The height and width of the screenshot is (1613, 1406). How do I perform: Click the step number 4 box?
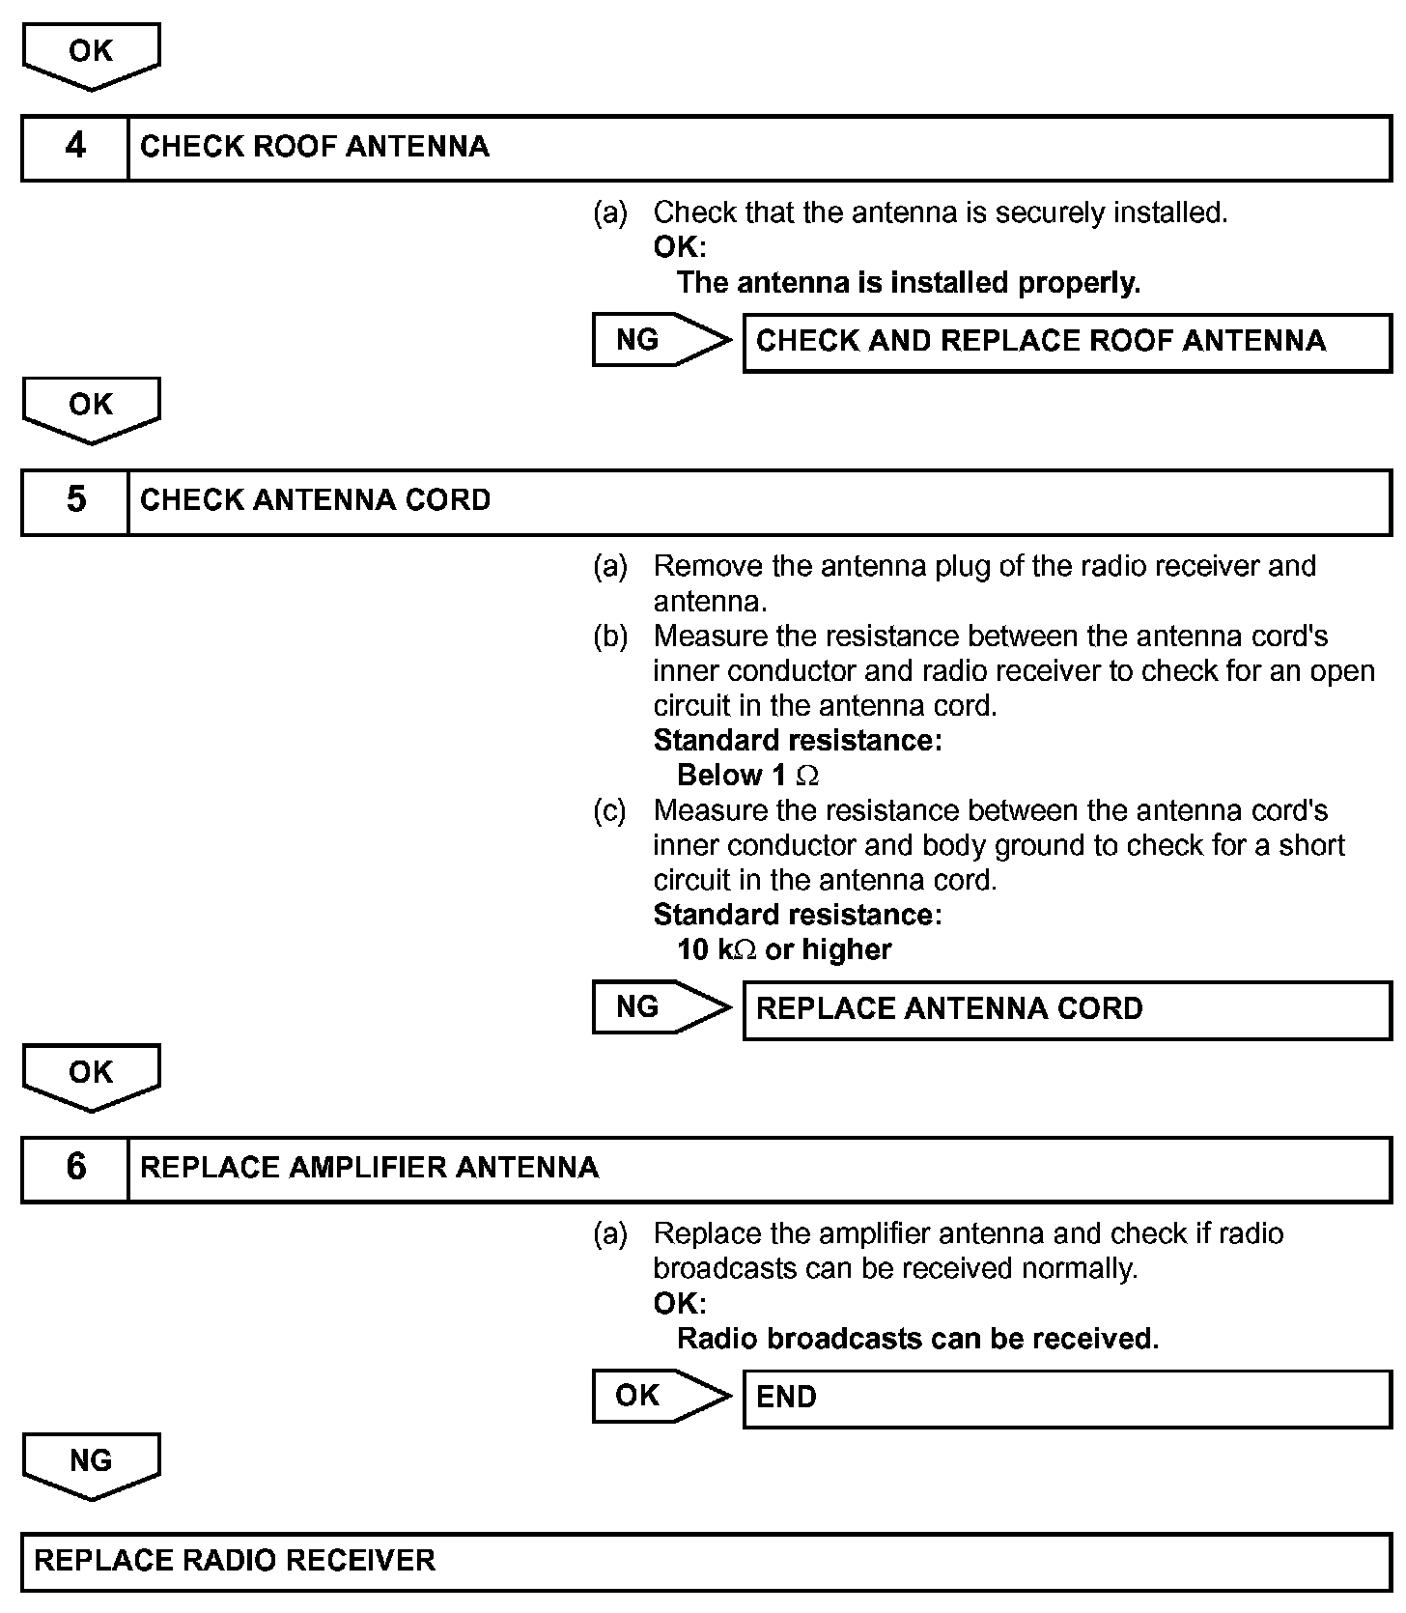coord(75,148)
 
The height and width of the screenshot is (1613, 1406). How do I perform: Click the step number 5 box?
coord(75,501)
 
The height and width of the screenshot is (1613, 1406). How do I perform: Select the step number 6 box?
coord(75,1169)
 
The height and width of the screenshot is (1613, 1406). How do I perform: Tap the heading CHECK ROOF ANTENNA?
coord(315,148)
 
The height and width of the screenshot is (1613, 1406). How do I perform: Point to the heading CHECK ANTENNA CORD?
coord(316,501)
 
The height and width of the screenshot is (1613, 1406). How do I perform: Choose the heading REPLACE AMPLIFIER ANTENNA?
coord(369,1169)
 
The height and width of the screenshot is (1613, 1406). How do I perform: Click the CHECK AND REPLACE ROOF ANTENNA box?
coord(1066,342)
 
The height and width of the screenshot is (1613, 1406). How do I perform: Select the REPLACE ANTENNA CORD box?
coord(1066,1010)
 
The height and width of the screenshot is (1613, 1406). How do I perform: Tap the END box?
coord(1066,1399)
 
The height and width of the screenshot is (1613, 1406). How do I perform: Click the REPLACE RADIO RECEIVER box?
coord(705,1561)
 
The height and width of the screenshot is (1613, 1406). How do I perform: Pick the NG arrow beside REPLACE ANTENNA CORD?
coord(661,1008)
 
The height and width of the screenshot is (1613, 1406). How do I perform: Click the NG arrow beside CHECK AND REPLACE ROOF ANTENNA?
coord(661,340)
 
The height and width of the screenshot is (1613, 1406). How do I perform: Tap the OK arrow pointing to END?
coord(661,1397)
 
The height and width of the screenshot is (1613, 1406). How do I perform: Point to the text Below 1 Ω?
coord(748,776)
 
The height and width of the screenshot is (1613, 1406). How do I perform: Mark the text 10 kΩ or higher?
coord(784,950)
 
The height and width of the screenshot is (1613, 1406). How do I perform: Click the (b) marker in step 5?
coord(609,637)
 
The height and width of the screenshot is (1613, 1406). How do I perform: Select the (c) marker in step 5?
coord(609,810)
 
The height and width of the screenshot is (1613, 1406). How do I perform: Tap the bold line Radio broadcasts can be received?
coord(917,1340)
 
